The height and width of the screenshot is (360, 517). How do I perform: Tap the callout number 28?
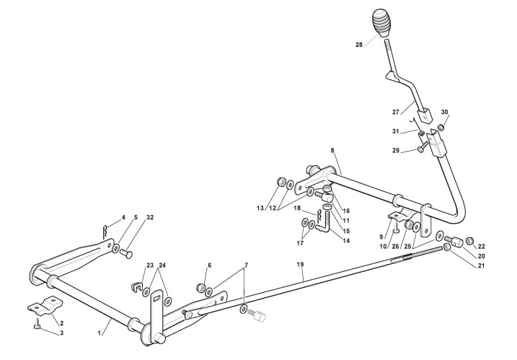tap(359, 45)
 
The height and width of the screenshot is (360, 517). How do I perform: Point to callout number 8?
tap(333, 150)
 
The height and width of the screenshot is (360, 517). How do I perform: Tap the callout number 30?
tap(444, 113)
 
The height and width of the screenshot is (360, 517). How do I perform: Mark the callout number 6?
tap(210, 265)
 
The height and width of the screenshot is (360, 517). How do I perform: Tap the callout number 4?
tap(123, 216)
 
